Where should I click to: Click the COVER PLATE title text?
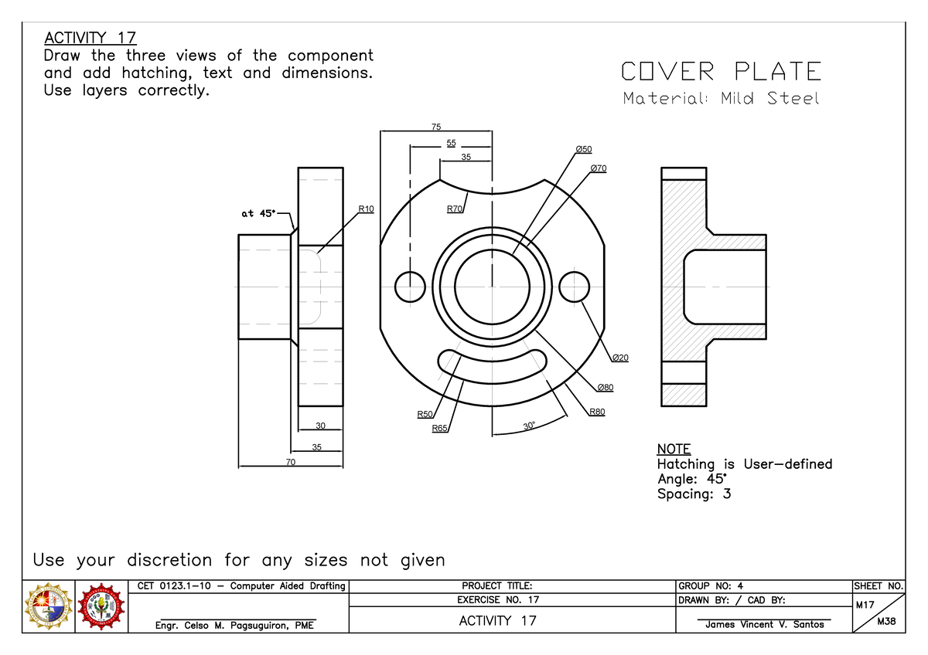click(721, 72)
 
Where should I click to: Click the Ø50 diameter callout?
click(583, 148)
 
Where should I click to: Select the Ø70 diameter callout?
click(598, 168)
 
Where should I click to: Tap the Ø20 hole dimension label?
click(619, 358)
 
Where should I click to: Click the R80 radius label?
click(597, 412)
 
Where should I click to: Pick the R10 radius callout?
click(366, 209)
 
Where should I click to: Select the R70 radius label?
click(455, 209)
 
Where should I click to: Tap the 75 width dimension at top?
click(436, 127)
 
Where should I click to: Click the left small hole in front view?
click(410, 287)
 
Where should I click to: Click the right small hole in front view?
click(574, 287)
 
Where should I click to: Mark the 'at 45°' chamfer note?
click(257, 214)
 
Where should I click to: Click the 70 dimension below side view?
click(291, 462)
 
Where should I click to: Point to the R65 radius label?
click(439, 428)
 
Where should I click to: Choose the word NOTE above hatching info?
click(674, 449)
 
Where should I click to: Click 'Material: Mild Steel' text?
click(721, 99)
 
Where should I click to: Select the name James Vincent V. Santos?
click(764, 624)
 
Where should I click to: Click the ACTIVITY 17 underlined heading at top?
click(90, 38)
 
